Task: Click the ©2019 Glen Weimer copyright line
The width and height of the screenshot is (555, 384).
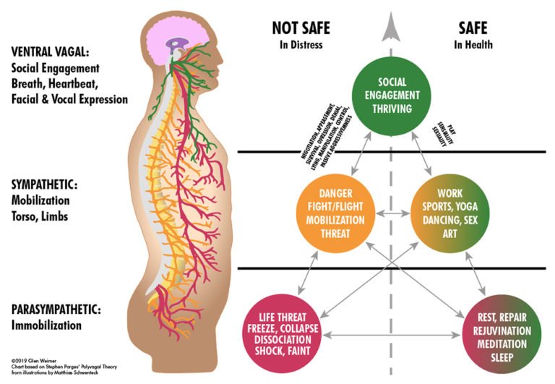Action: (33, 359)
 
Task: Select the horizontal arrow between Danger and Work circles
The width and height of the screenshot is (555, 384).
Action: (391, 215)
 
